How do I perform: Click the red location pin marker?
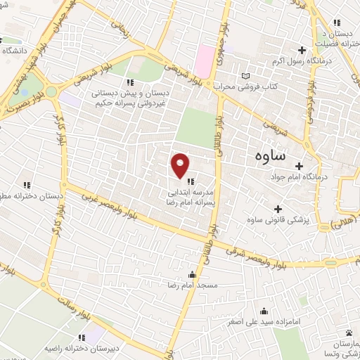click(x=181, y=165)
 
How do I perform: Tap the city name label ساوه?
click(x=266, y=156)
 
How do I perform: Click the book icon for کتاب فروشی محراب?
click(x=245, y=75)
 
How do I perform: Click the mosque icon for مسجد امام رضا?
click(x=192, y=275)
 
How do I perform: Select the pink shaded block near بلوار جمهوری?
click(x=206, y=62)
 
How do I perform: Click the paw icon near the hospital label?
click(x=349, y=333)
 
